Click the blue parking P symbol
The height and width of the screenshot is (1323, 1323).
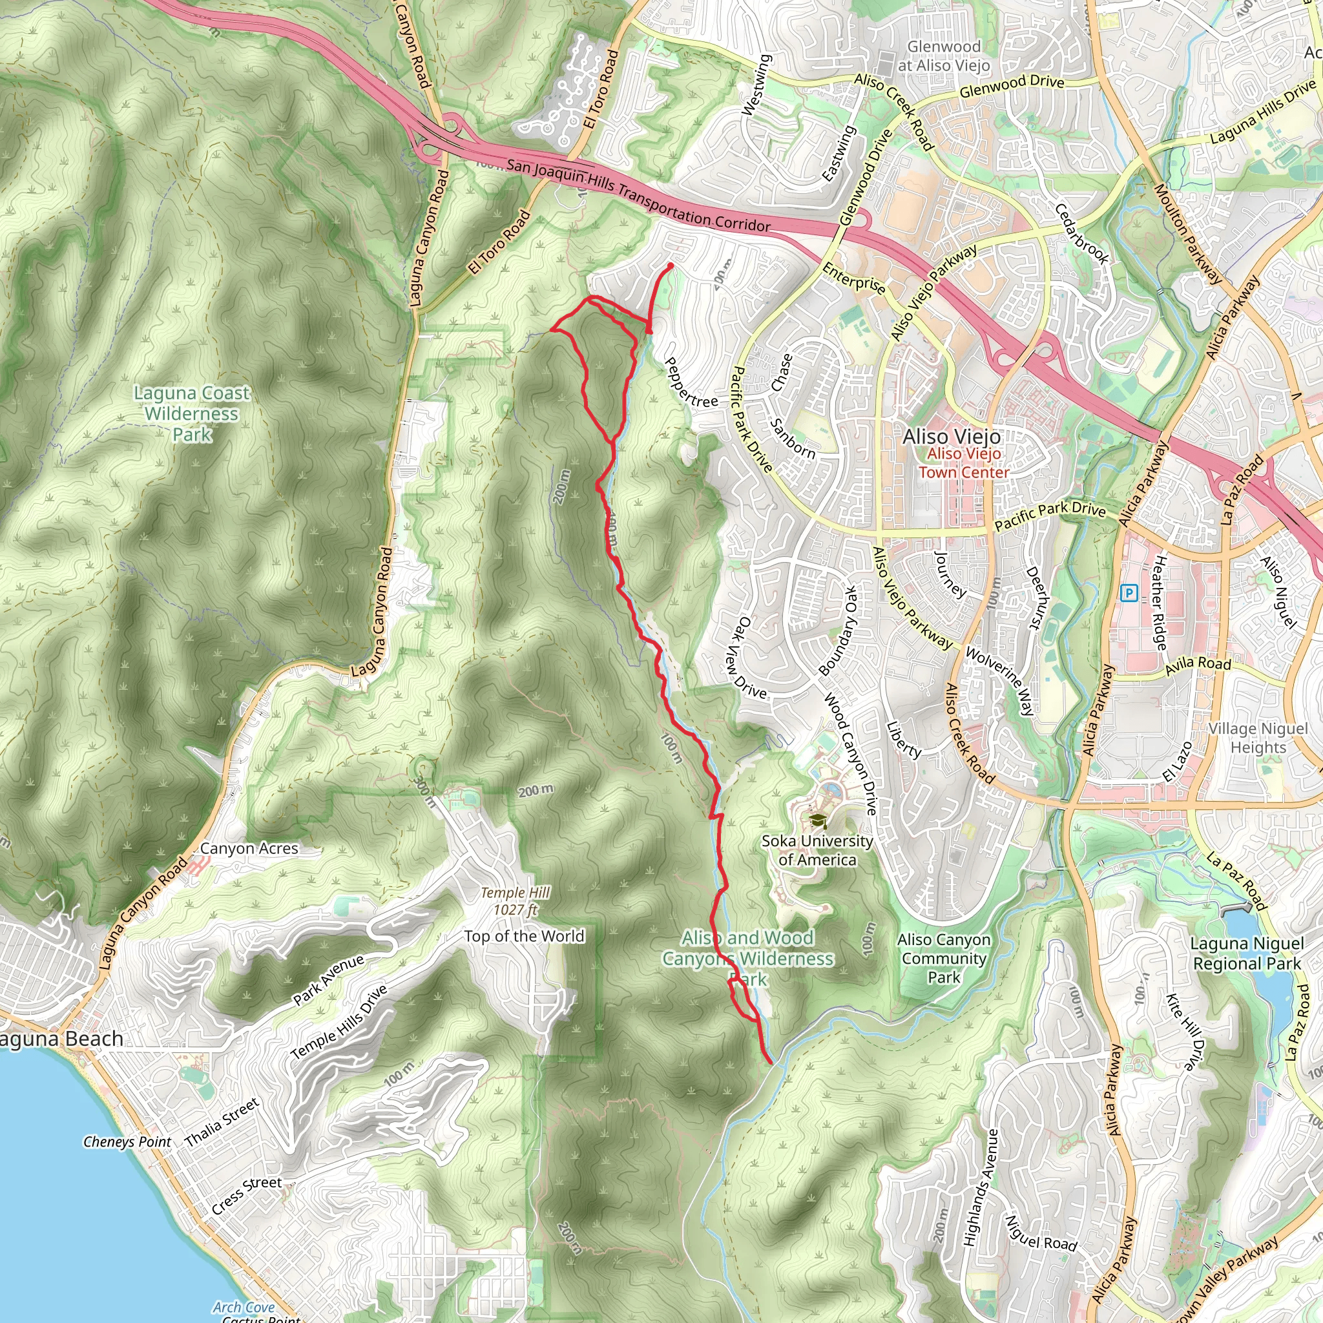tap(1129, 593)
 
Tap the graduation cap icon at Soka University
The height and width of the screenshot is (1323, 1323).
tap(817, 820)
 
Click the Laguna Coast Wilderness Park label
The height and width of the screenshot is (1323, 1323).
tap(192, 413)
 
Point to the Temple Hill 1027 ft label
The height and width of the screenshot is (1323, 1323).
tap(515, 901)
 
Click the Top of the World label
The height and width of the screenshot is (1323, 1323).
tap(524, 936)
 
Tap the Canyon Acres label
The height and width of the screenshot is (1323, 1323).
tap(249, 848)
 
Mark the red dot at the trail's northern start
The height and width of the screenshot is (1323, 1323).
tap(671, 266)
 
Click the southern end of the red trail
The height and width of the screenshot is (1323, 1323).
tap(771, 1063)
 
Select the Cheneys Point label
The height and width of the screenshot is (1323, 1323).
tap(127, 1141)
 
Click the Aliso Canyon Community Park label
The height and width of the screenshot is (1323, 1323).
tap(944, 958)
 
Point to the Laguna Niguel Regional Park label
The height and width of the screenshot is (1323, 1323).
tap(1246, 953)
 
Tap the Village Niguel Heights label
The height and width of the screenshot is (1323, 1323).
tap(1257, 738)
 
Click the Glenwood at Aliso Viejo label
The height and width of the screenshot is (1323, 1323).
tap(943, 56)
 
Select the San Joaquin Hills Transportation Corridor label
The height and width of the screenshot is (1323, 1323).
tap(638, 195)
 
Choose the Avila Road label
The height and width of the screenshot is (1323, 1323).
tap(1198, 663)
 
